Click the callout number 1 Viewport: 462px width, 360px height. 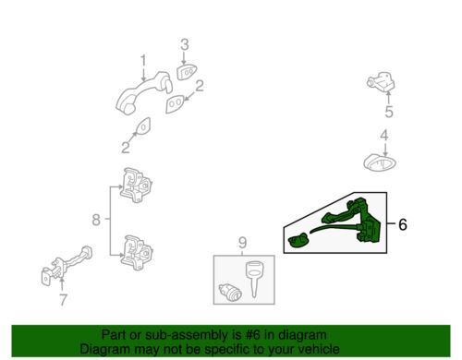pyautogui.click(x=143, y=61)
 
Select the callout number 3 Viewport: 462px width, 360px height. pyautogui.click(x=184, y=44)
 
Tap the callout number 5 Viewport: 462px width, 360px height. pyautogui.click(x=389, y=112)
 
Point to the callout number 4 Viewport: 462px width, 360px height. pyautogui.click(x=383, y=136)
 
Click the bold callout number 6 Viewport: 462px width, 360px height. pyautogui.click(x=403, y=224)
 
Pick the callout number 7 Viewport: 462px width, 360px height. pyautogui.click(x=63, y=299)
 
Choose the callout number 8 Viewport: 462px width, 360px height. pyautogui.click(x=96, y=220)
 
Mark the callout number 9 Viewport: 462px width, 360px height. pyautogui.click(x=242, y=243)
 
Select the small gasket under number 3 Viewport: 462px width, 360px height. pyautogui.click(x=187, y=73)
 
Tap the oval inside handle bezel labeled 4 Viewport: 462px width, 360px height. pyautogui.click(x=380, y=162)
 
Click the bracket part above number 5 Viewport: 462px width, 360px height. pyautogui.click(x=382, y=82)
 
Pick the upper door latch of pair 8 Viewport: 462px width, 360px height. pyautogui.click(x=136, y=185)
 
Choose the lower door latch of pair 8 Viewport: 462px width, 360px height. pyautogui.click(x=137, y=253)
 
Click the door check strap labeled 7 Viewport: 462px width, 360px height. pyautogui.click(x=66, y=266)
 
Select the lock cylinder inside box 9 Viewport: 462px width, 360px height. pyautogui.click(x=230, y=293)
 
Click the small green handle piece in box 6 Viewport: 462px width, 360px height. pyautogui.click(x=298, y=240)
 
